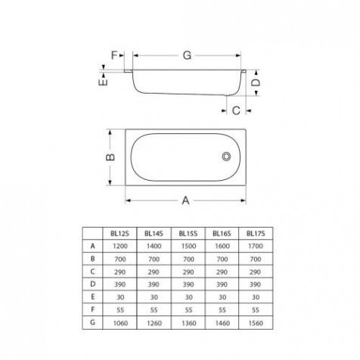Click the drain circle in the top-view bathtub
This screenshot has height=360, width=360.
pyautogui.click(x=226, y=157)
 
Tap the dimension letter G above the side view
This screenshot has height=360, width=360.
pyautogui.click(x=187, y=55)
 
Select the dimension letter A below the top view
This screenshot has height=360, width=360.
pyautogui.click(x=185, y=200)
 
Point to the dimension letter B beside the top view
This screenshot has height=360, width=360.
pyautogui.click(x=110, y=157)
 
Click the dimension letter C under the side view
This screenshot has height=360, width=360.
pyautogui.click(x=236, y=110)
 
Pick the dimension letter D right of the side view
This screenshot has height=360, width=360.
pyautogui.click(x=256, y=82)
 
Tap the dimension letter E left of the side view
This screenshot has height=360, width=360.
pyautogui.click(x=103, y=82)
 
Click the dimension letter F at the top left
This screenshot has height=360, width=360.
pyautogui.click(x=114, y=55)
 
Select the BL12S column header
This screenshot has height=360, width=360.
pyautogui.click(x=119, y=234)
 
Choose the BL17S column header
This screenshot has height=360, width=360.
pyautogui.click(x=256, y=234)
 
